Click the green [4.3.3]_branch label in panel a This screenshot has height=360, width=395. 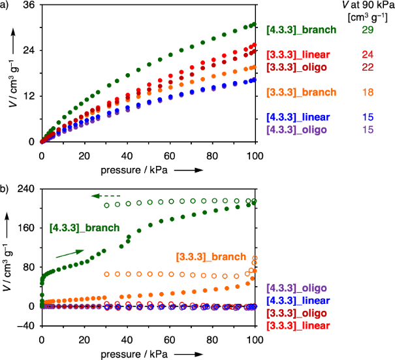pos(301,29)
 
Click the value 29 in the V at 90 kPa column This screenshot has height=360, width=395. pos(368,29)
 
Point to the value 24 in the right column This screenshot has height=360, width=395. pos(368,54)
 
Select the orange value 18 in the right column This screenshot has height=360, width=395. pos(368,92)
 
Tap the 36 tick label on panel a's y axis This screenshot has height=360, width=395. pos(28,5)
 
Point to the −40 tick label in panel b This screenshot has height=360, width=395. pos(25,325)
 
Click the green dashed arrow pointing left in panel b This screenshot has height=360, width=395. pos(106,195)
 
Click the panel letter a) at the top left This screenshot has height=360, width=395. pos(5,5)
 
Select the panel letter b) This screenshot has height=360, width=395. pos(5,189)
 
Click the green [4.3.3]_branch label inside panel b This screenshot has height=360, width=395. pos(84,228)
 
